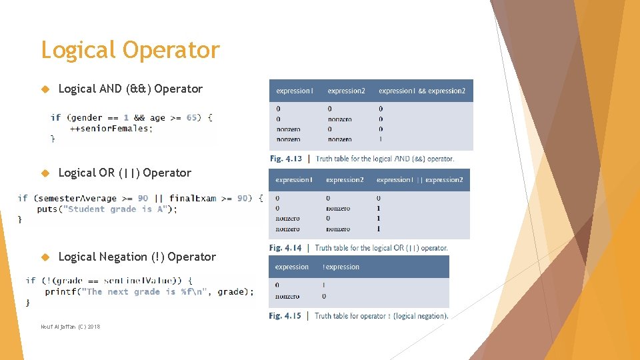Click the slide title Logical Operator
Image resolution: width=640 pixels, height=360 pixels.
[130, 51]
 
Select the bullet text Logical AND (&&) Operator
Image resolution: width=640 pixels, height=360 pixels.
[131, 89]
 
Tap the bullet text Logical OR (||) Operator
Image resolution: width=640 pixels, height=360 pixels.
[125, 173]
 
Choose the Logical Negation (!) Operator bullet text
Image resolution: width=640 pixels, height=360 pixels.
[137, 257]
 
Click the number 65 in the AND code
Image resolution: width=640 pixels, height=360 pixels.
[193, 117]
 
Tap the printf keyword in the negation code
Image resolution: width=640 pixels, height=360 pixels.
[60, 291]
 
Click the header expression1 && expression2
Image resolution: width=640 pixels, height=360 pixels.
[422, 91]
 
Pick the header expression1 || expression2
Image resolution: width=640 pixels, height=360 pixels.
[419, 180]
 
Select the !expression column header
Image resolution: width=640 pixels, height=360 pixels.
[341, 267]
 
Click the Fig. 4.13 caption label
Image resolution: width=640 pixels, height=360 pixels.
[286, 159]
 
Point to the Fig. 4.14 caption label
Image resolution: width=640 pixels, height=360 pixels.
[285, 248]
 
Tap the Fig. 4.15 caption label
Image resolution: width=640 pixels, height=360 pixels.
[285, 316]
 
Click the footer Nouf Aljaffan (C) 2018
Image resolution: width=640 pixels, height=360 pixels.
[70, 327]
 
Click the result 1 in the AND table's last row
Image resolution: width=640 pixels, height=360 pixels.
[381, 139]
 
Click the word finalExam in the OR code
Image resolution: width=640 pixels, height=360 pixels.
[193, 198]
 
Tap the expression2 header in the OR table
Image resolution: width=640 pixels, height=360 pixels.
[345, 180]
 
